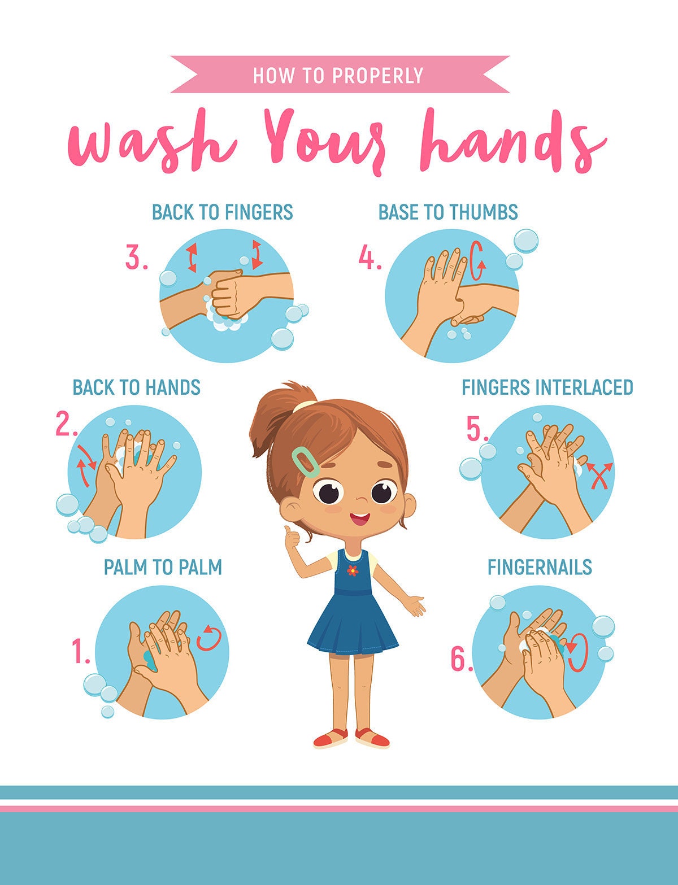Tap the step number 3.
pyautogui.click(x=136, y=259)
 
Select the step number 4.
pyautogui.click(x=370, y=259)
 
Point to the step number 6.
pyautogui.click(x=461, y=659)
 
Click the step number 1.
pyautogui.click(x=81, y=651)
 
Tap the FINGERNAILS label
pyautogui.click(x=540, y=567)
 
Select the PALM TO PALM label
pyautogui.click(x=163, y=567)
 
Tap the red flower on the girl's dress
pyautogui.click(x=353, y=570)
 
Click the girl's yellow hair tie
pyautogui.click(x=305, y=405)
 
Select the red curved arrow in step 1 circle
pyautogui.click(x=208, y=638)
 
